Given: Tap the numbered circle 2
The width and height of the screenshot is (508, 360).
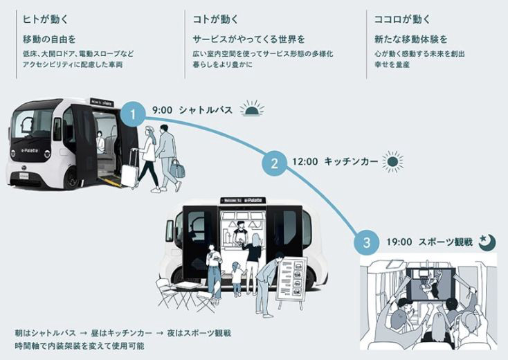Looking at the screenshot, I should (274, 163).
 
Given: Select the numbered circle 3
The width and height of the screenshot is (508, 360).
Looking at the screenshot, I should (366, 242).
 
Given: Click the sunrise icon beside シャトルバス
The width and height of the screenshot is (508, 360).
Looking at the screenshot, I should (252, 109).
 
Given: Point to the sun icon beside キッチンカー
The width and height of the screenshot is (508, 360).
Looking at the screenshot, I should (392, 161).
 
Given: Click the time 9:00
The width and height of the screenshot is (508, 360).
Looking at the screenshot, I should (163, 110).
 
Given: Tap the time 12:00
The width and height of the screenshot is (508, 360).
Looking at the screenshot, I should (305, 162).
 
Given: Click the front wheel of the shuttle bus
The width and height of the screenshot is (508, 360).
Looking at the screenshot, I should (72, 179).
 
